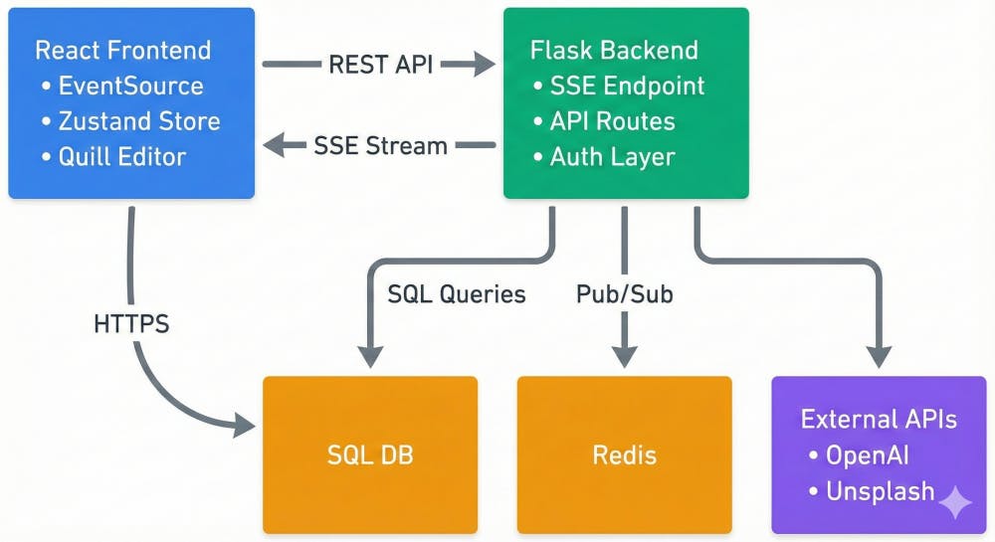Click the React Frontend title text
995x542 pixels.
122,50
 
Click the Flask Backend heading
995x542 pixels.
614,50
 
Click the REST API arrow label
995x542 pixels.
379,66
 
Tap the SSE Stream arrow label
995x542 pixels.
380,145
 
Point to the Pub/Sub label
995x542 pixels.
624,294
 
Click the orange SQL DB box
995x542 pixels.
370,455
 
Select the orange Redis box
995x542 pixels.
624,455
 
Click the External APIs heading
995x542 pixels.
879,419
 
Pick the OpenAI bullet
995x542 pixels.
867,454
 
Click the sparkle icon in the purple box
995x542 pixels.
955,502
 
